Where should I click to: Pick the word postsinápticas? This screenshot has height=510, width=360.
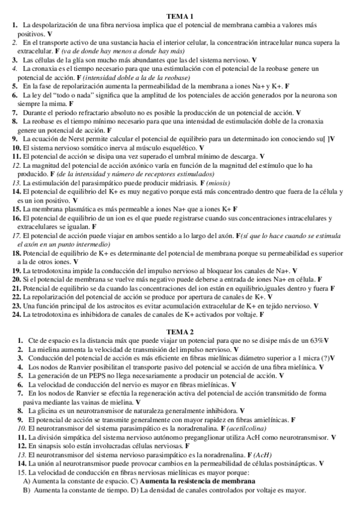tap(288, 463)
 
